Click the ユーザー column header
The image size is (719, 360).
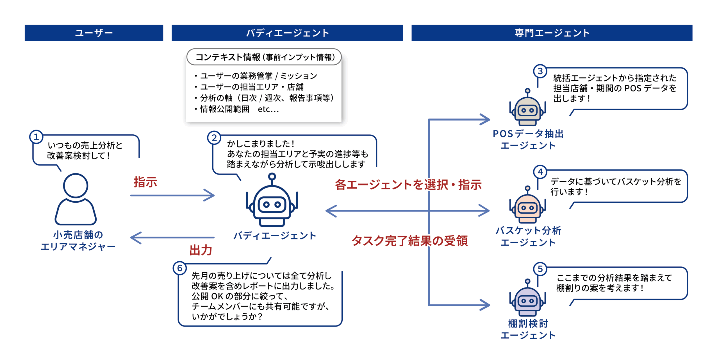94,33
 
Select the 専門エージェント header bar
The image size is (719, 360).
552,33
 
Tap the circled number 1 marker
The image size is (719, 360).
36,137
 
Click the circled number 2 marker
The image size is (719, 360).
214,138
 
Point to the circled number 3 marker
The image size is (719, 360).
540,71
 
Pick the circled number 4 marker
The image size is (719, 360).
540,171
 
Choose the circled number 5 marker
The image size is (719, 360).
540,269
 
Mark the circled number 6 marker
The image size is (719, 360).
180,268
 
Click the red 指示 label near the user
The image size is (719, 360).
145,182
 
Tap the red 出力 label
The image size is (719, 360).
201,250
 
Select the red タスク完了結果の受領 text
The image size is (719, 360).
410,241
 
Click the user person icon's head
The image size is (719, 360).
76,185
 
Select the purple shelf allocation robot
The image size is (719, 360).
527,298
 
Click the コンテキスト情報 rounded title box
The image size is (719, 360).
264,57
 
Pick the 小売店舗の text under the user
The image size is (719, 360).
78,235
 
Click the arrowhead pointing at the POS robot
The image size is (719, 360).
485,119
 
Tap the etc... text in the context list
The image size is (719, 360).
268,109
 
